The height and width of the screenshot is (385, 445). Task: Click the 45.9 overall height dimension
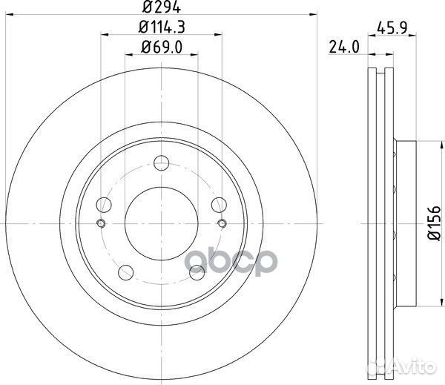coord(392,30)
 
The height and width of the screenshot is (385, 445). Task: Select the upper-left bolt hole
coord(105,205)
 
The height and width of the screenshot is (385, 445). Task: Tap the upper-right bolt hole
coord(217,205)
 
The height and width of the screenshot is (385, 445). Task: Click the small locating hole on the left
coord(102,224)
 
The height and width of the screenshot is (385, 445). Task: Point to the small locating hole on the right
coord(221,224)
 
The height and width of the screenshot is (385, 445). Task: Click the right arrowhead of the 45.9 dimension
coord(413,33)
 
